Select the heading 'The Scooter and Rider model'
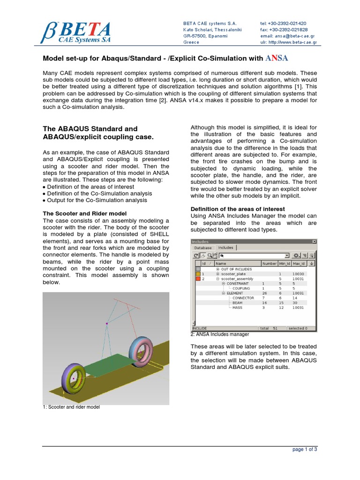point(84,213)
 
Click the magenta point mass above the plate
point(107,323)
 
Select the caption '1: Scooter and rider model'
point(71,407)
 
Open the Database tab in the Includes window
point(203,247)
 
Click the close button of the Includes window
point(315,241)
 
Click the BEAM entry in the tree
point(238,303)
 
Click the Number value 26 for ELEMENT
point(264,293)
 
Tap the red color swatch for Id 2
point(198,278)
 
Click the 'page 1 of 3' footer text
point(305,449)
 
